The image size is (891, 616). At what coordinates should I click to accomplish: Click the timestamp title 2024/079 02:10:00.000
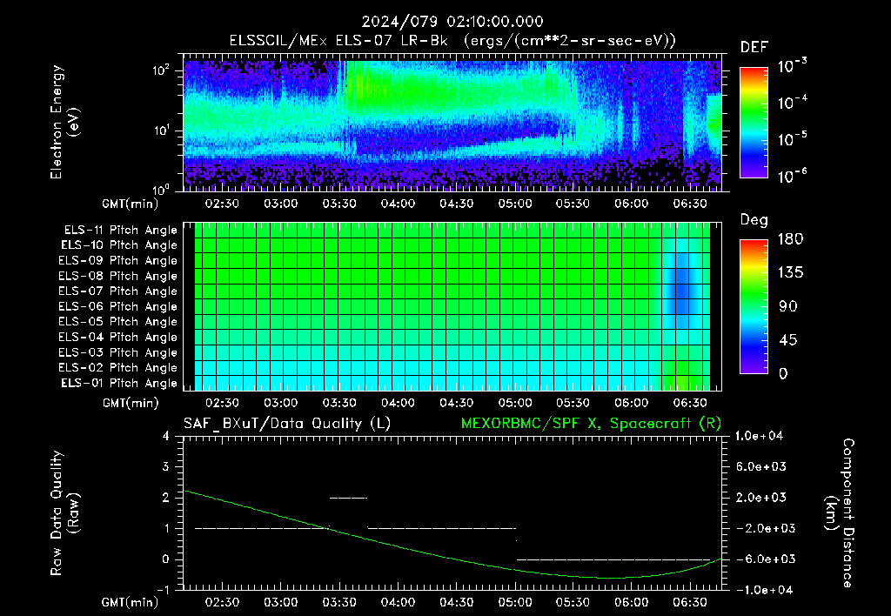tap(452, 22)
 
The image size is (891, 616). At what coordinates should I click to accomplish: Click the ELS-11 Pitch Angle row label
tap(120, 231)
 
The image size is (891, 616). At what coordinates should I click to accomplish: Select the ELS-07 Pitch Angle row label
tap(117, 291)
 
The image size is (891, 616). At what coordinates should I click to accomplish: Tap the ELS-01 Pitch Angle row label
tap(119, 383)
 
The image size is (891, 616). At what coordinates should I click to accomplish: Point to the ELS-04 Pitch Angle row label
tap(117, 337)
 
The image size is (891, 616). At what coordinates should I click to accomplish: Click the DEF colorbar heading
tap(754, 47)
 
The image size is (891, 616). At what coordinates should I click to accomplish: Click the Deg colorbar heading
tap(754, 220)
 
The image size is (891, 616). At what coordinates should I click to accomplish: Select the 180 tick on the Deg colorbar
tap(790, 238)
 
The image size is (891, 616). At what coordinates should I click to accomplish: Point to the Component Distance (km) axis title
tap(840, 513)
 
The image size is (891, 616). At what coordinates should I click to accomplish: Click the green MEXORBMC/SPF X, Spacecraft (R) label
tap(591, 424)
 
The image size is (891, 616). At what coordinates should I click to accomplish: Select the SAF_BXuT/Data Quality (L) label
tap(287, 424)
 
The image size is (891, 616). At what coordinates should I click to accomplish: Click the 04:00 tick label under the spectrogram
tap(398, 204)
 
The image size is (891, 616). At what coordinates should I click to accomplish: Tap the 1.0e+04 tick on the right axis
tap(759, 436)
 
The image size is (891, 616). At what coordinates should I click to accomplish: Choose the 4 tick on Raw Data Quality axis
tap(166, 436)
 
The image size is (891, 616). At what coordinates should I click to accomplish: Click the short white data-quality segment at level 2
tap(348, 498)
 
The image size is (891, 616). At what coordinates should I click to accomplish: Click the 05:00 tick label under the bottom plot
tap(515, 602)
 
